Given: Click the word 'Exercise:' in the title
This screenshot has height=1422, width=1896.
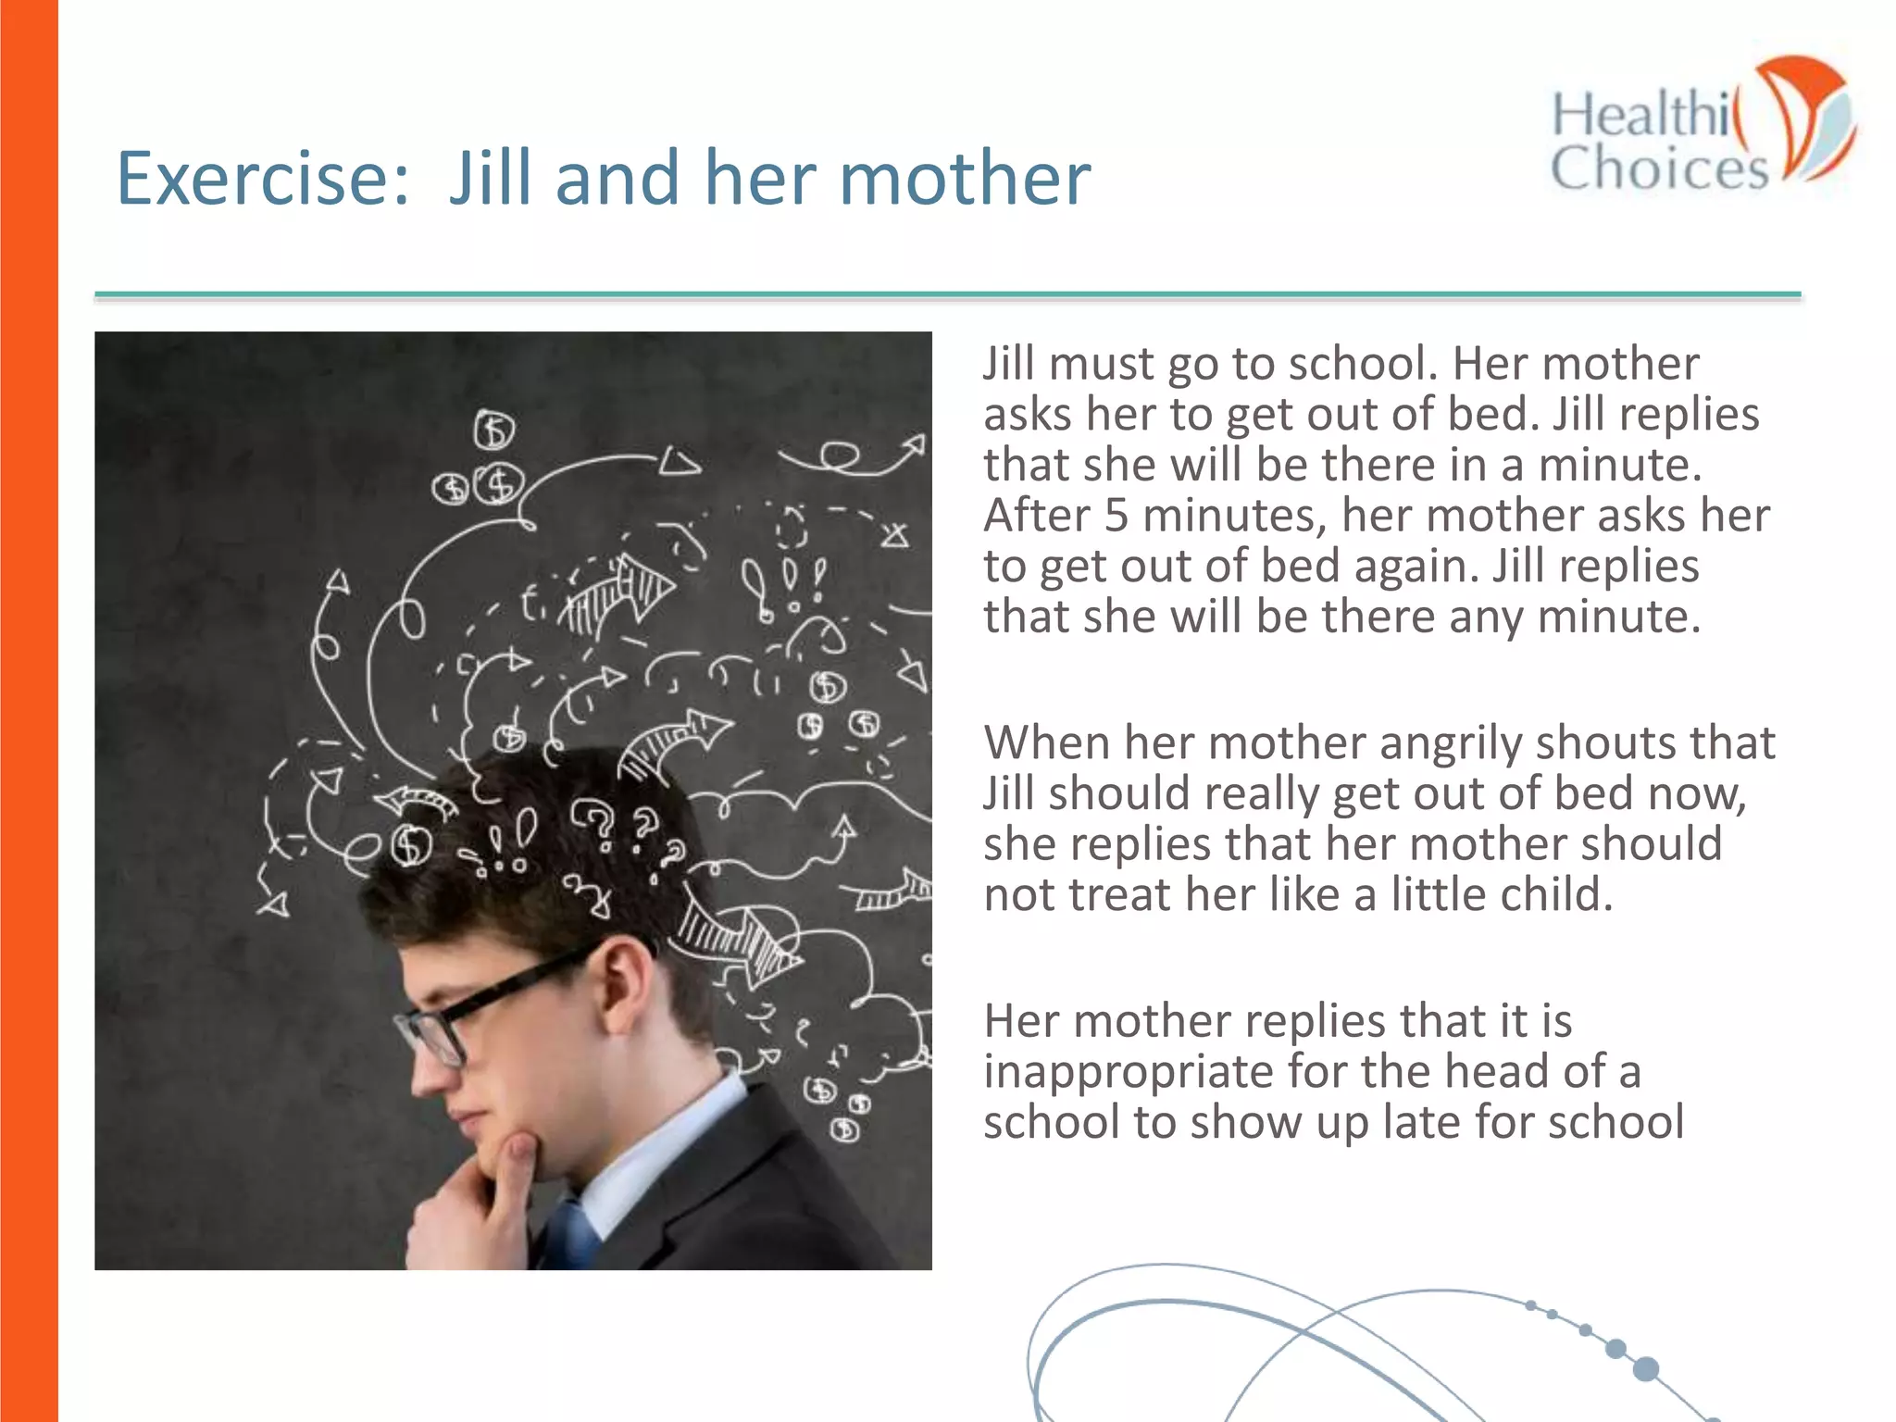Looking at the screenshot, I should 262,179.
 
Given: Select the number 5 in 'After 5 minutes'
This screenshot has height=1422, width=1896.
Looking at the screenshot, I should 1116,516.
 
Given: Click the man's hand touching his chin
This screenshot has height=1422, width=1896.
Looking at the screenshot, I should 481,1204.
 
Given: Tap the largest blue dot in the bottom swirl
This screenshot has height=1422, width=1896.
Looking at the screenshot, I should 1646,1368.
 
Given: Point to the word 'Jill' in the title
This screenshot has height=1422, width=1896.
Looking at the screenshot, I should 491,179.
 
